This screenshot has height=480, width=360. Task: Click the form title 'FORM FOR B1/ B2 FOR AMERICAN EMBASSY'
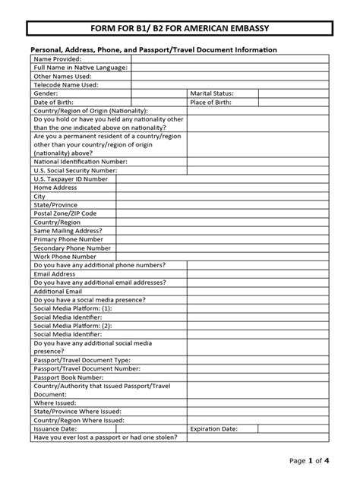[180, 30]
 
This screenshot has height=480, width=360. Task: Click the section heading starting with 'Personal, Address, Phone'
[153, 49]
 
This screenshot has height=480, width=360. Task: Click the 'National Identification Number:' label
[81, 162]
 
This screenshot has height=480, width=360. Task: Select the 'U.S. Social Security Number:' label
[74, 171]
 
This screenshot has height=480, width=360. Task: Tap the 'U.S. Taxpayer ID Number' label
[71, 179]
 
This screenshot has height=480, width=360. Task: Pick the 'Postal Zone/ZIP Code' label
[65, 213]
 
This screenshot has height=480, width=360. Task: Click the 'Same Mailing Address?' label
[68, 231]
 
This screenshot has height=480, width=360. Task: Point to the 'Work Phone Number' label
[65, 257]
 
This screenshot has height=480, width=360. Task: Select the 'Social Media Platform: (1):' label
[73, 308]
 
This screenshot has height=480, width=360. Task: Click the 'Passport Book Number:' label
[68, 377]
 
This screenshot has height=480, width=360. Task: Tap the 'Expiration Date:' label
[215, 428]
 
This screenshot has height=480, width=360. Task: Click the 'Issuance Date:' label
[57, 428]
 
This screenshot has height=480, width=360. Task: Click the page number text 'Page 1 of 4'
[310, 460]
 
